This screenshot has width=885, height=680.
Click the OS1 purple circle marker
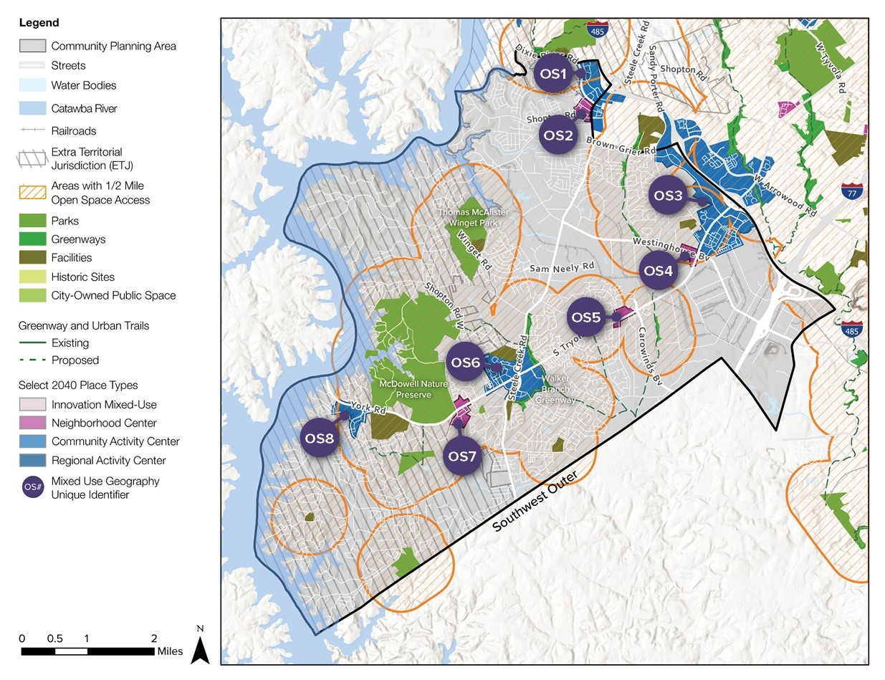(554, 74)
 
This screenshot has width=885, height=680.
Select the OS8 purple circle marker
(320, 439)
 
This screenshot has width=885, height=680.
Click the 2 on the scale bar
(153, 638)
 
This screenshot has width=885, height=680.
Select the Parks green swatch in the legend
(32, 221)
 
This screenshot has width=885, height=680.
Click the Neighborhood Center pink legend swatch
(32, 423)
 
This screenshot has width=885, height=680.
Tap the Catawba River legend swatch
(32, 108)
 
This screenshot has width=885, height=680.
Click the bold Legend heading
(39, 23)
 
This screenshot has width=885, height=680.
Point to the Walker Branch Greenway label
(557, 389)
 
